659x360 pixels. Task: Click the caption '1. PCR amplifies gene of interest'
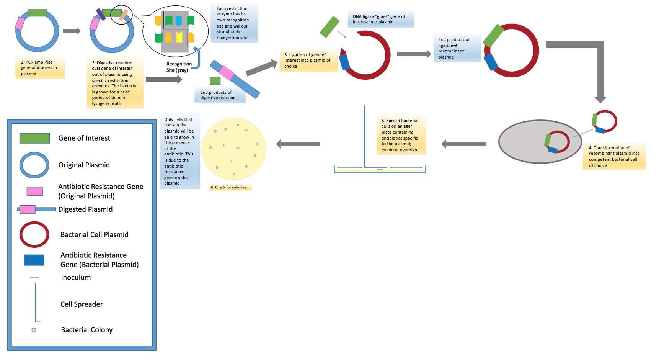point(39,68)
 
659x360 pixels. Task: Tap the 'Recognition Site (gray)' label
point(178,67)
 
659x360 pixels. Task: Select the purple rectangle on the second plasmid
point(101,14)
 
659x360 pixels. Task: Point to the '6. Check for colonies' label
point(229,187)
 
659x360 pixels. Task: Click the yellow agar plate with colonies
point(234,149)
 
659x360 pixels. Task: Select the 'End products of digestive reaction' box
point(219,95)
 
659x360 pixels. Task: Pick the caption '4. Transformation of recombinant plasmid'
point(613,156)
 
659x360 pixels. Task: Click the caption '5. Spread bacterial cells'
point(400,135)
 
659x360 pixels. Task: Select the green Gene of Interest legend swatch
point(34,138)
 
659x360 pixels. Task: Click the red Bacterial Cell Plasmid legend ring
point(34,234)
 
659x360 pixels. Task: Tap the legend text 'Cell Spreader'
point(82,304)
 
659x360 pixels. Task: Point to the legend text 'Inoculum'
point(76,278)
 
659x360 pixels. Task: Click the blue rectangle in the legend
point(34,260)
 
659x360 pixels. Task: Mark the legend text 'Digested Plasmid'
point(85,209)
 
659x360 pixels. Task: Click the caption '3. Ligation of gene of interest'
point(308,61)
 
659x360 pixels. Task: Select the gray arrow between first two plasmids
point(72,31)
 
